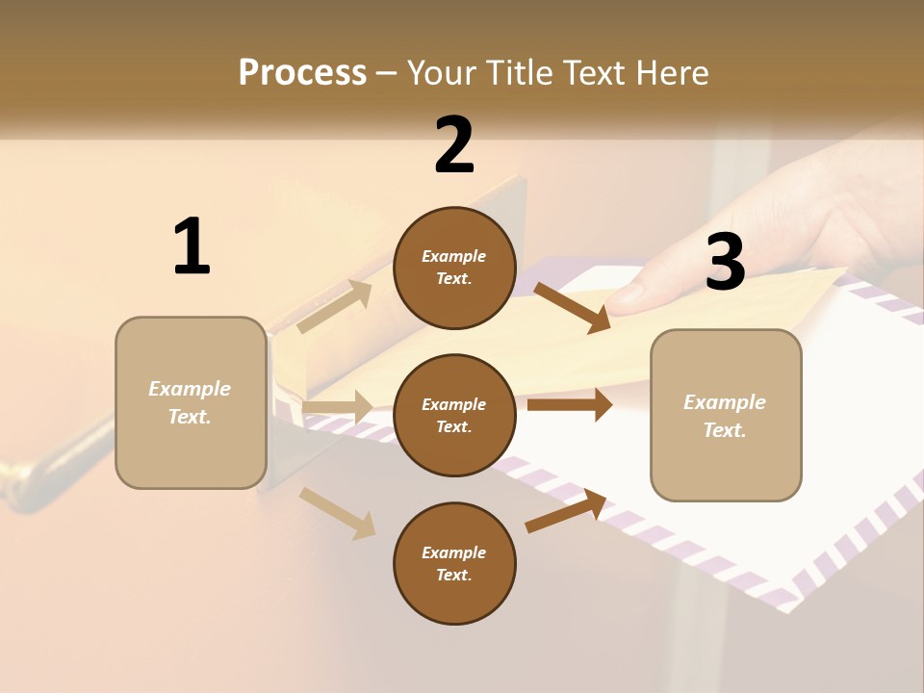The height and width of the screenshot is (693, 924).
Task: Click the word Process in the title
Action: (302, 72)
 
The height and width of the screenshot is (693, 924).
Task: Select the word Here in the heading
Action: (669, 72)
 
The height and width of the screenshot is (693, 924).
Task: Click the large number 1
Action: (192, 247)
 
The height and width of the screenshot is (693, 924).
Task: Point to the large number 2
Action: (454, 145)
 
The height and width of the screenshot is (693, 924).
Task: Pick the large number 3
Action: (725, 262)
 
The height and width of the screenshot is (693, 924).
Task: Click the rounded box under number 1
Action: (191, 402)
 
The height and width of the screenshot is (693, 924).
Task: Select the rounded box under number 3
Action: (726, 416)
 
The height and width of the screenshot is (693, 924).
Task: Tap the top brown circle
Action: (454, 268)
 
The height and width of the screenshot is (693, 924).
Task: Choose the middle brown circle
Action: (454, 415)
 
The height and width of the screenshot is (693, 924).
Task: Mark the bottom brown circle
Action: (454, 563)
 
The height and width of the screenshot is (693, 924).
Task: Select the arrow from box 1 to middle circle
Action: (337, 407)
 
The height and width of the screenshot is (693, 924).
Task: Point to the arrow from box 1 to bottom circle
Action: (337, 512)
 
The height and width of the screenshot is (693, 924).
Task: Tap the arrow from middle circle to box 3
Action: (569, 405)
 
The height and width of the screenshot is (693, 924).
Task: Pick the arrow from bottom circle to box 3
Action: (566, 511)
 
